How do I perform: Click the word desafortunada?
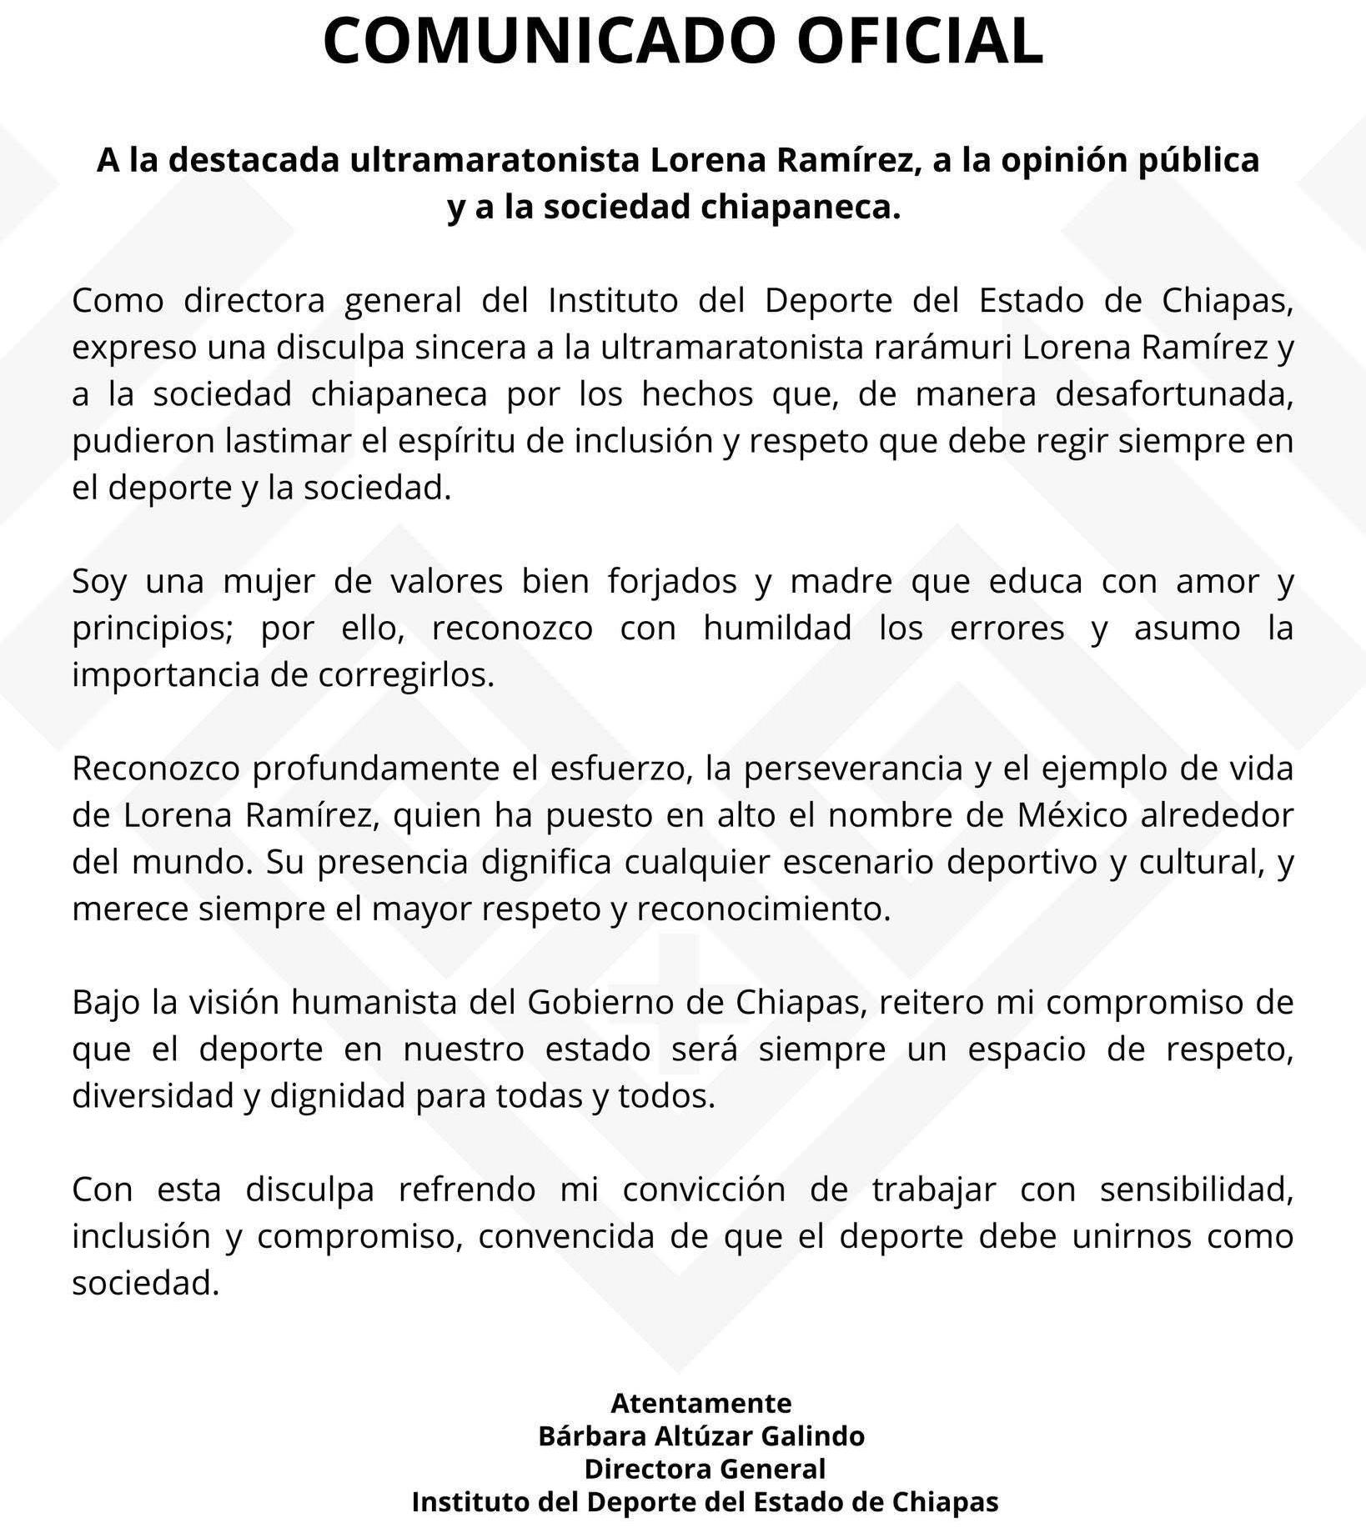(1174, 393)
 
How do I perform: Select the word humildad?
(776, 627)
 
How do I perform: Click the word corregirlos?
(406, 674)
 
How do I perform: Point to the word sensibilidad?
(1196, 1189)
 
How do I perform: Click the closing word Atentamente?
(701, 1403)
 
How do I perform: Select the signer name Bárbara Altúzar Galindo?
(701, 1435)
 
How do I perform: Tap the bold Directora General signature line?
(705, 1468)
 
